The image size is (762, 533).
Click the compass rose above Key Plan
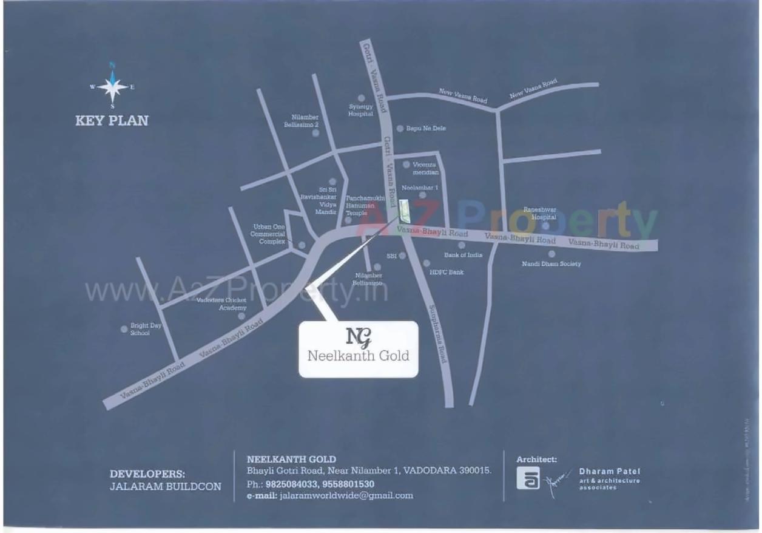[112, 87]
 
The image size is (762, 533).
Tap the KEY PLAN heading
[112, 120]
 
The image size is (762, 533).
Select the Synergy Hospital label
[360, 110]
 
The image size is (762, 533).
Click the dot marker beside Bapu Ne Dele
[400, 129]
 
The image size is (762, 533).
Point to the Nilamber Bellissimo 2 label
[301, 120]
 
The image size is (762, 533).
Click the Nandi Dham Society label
[551, 264]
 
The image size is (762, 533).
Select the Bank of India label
[463, 255]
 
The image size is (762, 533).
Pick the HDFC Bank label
[446, 273]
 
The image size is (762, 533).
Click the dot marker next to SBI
[402, 256]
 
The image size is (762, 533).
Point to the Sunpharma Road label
[437, 334]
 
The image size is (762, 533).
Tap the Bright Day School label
[146, 329]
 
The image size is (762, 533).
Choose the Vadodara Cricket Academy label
[221, 304]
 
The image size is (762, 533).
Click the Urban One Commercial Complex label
[269, 234]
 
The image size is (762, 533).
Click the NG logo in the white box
[358, 336]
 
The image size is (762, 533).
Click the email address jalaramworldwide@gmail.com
[346, 495]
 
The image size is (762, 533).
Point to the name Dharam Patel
[609, 471]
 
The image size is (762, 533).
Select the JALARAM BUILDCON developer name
[166, 486]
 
